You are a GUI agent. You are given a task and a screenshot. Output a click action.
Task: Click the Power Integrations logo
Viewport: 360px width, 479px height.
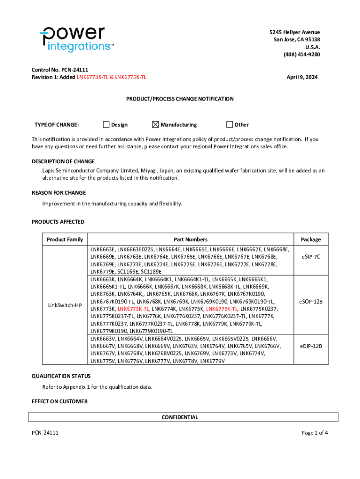point(76,39)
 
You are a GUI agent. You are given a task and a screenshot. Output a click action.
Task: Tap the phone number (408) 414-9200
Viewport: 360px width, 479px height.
point(302,55)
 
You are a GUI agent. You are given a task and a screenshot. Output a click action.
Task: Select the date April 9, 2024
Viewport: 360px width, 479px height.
point(302,77)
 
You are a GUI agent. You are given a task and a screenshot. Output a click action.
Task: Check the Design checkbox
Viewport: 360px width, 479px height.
point(106,124)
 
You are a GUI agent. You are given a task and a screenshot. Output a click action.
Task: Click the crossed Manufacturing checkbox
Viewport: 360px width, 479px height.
point(156,124)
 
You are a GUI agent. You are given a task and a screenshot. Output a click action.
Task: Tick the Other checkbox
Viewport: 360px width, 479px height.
point(230,124)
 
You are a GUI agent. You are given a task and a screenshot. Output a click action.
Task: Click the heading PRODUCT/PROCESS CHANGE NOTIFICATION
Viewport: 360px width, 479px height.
point(180,99)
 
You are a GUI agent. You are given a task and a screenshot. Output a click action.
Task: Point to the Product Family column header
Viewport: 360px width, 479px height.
point(65,239)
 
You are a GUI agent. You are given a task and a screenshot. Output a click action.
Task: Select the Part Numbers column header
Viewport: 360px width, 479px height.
point(190,239)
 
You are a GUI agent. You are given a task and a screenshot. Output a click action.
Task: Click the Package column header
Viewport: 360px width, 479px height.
point(311,239)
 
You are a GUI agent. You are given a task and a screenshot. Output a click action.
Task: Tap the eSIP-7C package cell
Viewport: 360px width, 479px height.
point(311,257)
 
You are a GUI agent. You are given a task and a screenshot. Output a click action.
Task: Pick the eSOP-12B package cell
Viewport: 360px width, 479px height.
point(311,302)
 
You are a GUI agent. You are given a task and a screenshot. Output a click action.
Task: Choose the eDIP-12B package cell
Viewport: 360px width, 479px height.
point(311,346)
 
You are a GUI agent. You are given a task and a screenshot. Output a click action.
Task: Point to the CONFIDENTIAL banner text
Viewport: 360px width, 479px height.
point(180,417)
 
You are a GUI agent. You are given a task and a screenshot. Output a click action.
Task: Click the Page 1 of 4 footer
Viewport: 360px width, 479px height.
point(315,433)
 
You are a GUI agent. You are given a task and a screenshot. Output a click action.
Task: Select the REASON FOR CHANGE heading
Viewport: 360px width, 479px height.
point(58,193)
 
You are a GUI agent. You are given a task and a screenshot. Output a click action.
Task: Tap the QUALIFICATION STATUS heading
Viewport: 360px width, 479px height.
point(61,376)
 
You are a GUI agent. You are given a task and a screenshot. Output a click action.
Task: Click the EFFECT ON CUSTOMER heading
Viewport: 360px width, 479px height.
point(59,401)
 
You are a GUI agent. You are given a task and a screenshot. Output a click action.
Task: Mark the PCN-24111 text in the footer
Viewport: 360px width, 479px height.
point(45,433)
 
